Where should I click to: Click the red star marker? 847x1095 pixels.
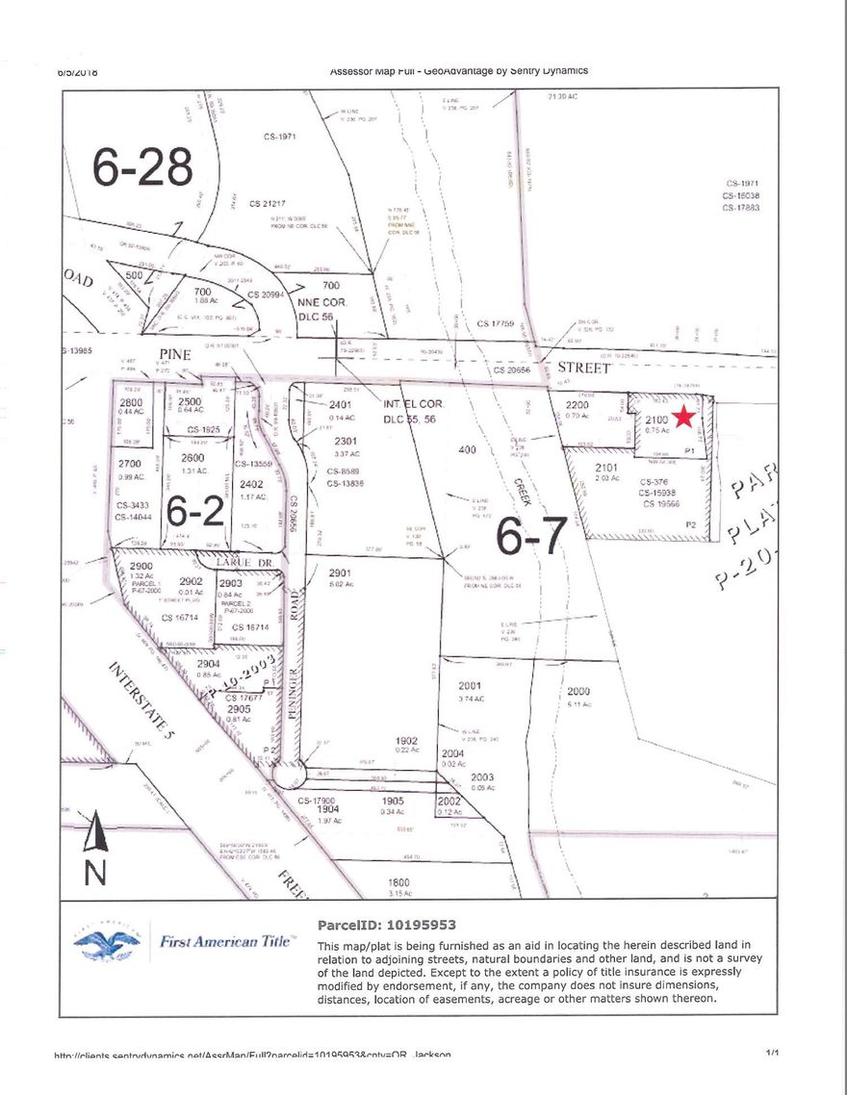683,417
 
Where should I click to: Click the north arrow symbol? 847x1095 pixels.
93,833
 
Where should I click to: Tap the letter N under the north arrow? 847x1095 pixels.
94,874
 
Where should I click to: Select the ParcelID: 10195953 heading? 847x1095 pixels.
380,925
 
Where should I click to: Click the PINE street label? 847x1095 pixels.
177,354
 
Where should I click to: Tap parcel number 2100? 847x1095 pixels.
656,420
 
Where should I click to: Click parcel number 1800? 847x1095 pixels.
398,881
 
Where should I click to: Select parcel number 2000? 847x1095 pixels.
578,692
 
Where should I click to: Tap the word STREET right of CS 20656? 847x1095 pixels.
586,368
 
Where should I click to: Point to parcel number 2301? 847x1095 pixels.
346,442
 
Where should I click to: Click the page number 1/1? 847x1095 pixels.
772,1054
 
